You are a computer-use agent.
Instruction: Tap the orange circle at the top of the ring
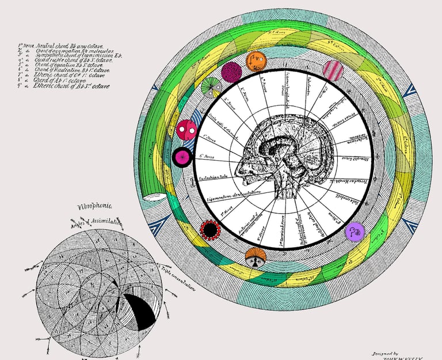coord(256,60)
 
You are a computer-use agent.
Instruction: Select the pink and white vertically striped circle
coord(333,71)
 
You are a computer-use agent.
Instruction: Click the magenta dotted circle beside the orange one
coord(231,73)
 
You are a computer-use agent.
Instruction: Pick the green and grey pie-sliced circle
coord(211,87)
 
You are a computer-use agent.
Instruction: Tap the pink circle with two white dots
coord(186,131)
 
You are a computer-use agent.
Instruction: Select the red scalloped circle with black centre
coord(210,231)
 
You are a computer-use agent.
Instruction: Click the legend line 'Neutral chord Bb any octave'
coord(63,45)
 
